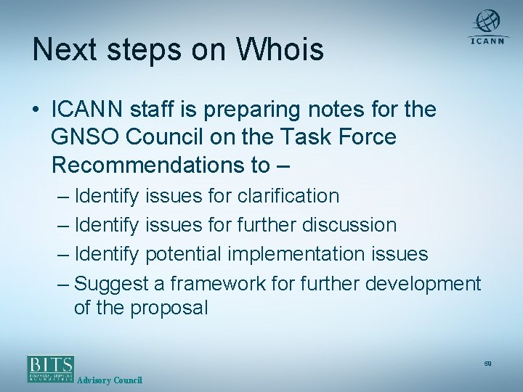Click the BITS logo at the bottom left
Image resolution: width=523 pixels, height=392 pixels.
(51, 368)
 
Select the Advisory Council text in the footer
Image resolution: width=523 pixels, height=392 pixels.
(110, 380)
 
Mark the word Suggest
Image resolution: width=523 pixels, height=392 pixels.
(108, 283)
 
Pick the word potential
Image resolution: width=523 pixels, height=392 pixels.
(185, 254)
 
